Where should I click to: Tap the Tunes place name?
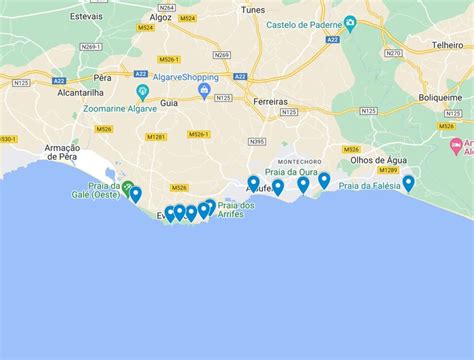[254, 10]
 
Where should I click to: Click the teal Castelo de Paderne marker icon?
[350, 23]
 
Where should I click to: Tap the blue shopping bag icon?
[204, 92]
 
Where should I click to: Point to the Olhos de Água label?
[375, 162]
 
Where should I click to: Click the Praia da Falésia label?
[369, 186]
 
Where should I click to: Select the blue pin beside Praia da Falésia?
[408, 183]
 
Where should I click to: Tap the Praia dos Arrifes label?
[235, 211]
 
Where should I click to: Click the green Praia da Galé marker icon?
[127, 187]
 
